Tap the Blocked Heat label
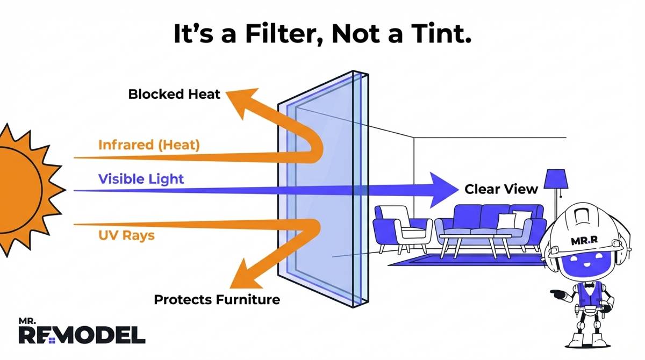[x=174, y=95]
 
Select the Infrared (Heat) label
[x=149, y=145]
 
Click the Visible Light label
[x=141, y=178]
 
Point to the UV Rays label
[x=126, y=235]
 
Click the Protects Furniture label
[x=217, y=299]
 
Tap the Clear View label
[x=501, y=189]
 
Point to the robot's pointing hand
[x=555, y=294]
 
